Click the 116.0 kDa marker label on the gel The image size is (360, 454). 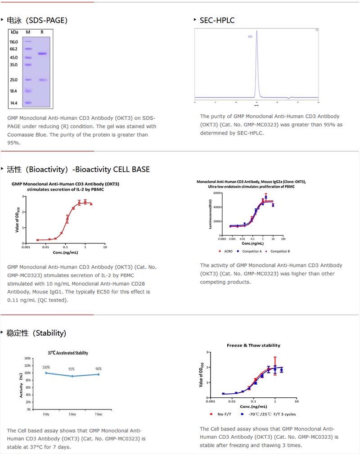(13, 42)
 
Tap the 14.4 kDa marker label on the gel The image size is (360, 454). (13, 103)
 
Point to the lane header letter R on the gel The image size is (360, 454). (42, 32)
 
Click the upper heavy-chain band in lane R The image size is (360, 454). (42, 54)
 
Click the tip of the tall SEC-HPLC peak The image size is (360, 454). (256, 31)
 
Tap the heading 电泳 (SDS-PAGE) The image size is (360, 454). (37, 20)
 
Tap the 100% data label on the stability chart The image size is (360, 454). (46, 368)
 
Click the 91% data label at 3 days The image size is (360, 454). (72, 369)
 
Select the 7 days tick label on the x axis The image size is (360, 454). (99, 414)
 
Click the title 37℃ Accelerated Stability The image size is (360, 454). (68, 353)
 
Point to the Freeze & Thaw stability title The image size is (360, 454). (253, 346)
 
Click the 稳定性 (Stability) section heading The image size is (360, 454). (36, 333)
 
